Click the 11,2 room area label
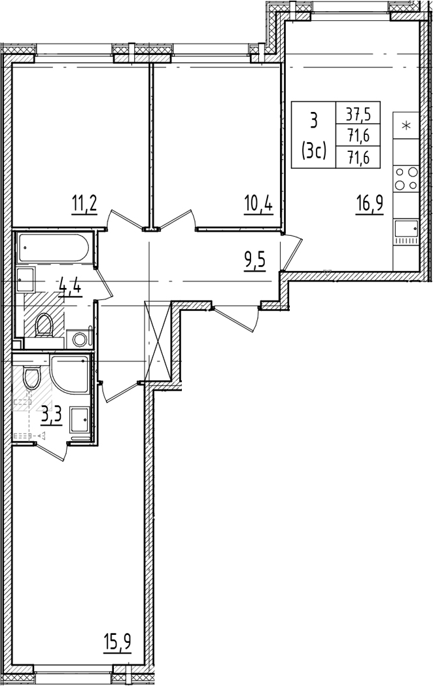(84, 204)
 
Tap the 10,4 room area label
(260, 204)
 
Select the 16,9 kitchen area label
(370, 204)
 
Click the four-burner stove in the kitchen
(406, 179)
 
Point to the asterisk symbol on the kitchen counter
(406, 126)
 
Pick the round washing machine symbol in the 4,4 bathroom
(80, 340)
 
